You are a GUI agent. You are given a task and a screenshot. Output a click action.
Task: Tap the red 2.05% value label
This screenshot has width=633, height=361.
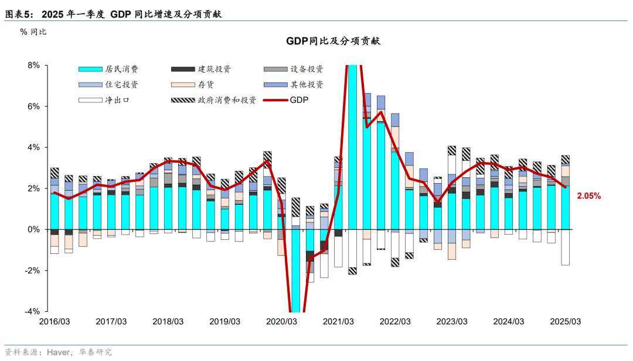pyautogui.click(x=588, y=197)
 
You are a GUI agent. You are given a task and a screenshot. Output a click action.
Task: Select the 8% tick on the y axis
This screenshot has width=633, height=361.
pyautogui.click(x=33, y=66)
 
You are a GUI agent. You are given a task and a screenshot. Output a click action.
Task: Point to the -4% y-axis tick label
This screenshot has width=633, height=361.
pyautogui.click(x=32, y=311)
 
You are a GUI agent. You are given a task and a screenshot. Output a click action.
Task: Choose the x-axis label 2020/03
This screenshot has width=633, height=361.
pyautogui.click(x=281, y=322)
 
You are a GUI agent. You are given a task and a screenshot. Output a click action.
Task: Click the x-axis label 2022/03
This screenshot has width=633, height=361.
pyautogui.click(x=395, y=322)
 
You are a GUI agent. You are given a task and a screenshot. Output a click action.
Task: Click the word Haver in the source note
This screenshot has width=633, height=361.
pyautogui.click(x=60, y=352)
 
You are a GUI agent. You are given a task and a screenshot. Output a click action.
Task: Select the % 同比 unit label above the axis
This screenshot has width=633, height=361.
pyautogui.click(x=33, y=32)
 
